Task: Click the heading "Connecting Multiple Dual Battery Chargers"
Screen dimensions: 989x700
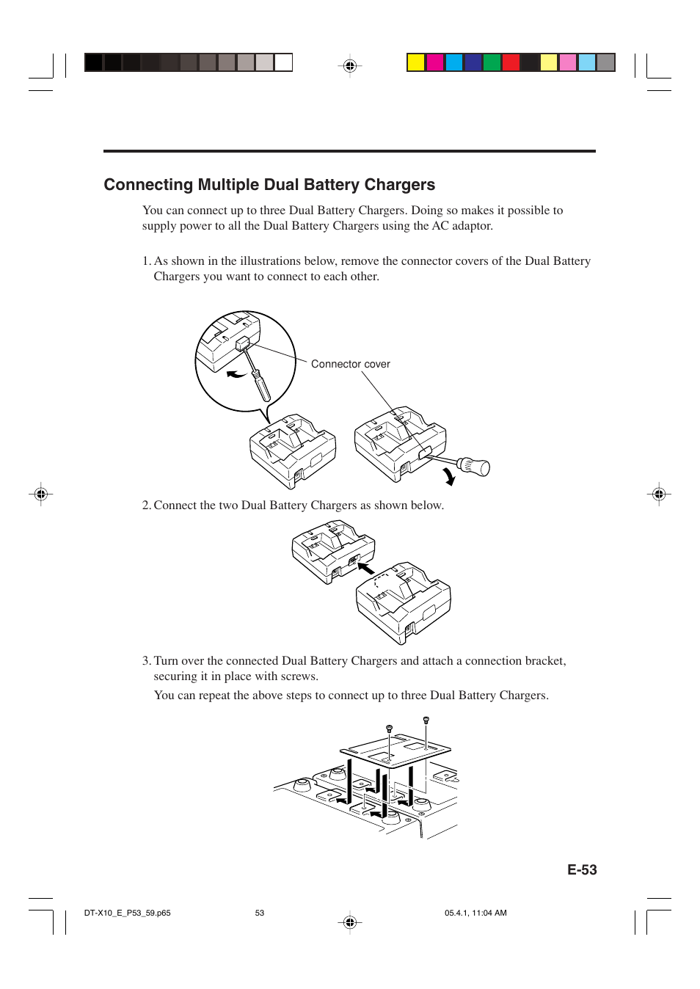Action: click(x=269, y=185)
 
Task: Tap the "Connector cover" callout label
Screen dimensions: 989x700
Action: click(x=350, y=364)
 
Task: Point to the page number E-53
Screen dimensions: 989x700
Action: click(x=582, y=870)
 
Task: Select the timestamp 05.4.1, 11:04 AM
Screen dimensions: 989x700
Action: click(x=475, y=913)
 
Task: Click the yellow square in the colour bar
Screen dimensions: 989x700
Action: click(x=416, y=62)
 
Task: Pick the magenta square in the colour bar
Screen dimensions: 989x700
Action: click(x=435, y=62)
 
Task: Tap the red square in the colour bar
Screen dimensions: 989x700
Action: click(x=511, y=62)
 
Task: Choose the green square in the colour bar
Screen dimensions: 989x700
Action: click(x=492, y=62)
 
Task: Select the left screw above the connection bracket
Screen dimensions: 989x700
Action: click(x=389, y=729)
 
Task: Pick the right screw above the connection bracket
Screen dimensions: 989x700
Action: click(x=426, y=721)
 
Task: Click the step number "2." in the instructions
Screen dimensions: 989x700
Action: click(x=146, y=506)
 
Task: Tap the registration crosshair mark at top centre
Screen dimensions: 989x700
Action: click(x=350, y=66)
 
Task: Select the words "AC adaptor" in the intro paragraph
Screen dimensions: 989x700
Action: click(x=462, y=226)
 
